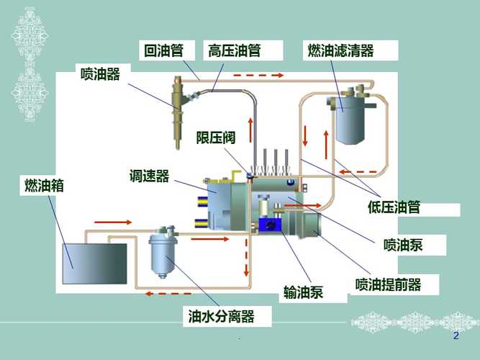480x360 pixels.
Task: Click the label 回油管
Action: tap(163, 50)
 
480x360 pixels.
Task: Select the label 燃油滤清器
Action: tap(341, 50)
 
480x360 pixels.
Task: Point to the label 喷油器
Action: tap(100, 73)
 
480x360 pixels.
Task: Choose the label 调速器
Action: tap(149, 176)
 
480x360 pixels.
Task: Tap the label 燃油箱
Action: tap(45, 185)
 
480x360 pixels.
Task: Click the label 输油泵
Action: tap(303, 292)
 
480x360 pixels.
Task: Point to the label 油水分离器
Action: tap(221, 316)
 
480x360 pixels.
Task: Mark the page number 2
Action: tap(455, 336)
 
